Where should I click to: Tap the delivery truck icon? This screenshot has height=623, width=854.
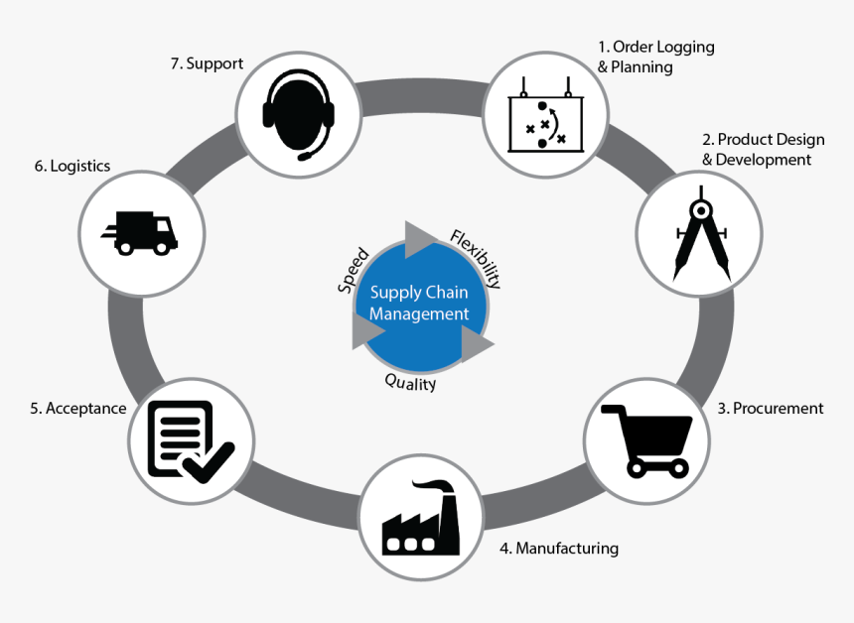(x=140, y=232)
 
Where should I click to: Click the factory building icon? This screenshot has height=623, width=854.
(x=420, y=519)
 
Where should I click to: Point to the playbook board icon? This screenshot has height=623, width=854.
(x=545, y=117)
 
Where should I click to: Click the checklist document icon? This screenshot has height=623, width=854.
(x=188, y=439)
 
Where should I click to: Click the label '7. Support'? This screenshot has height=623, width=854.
(x=207, y=63)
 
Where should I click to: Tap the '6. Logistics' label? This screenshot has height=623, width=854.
(x=71, y=167)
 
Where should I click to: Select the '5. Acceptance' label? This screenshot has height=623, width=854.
(x=77, y=408)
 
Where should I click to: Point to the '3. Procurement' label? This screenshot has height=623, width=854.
(x=771, y=408)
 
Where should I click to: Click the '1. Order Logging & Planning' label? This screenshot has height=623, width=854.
(x=655, y=57)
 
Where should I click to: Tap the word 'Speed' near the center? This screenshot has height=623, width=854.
(x=354, y=270)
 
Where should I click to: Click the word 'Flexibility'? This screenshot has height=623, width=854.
(x=476, y=258)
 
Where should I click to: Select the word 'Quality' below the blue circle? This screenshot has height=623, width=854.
(x=410, y=382)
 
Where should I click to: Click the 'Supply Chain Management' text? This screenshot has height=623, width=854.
(x=419, y=304)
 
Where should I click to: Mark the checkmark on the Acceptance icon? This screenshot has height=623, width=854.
(x=212, y=461)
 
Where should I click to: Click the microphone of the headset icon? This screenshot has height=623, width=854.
(x=310, y=156)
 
